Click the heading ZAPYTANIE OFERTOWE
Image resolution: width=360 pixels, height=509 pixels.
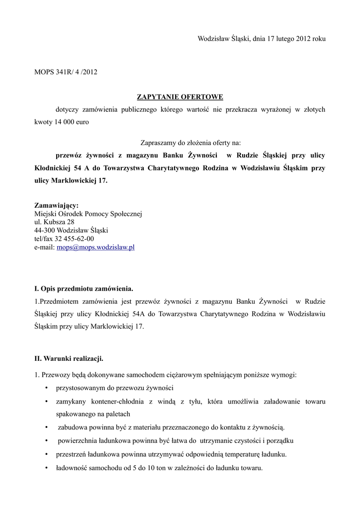pyautogui.click(x=180, y=96)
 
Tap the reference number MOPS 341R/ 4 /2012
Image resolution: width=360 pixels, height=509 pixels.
pyautogui.click(x=66, y=72)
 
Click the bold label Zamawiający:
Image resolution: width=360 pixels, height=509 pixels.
pyautogui.click(x=56, y=205)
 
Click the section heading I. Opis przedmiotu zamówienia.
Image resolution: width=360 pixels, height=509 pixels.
pyautogui.click(x=84, y=288)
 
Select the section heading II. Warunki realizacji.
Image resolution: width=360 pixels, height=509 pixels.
pyautogui.click(x=69, y=358)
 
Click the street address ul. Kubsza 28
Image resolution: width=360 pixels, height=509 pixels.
pyautogui.click(x=54, y=222)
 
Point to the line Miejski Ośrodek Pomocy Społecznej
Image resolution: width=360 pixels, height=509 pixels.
pyautogui.click(x=88, y=214)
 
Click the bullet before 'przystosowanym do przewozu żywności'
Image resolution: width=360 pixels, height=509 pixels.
pyautogui.click(x=46, y=388)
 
